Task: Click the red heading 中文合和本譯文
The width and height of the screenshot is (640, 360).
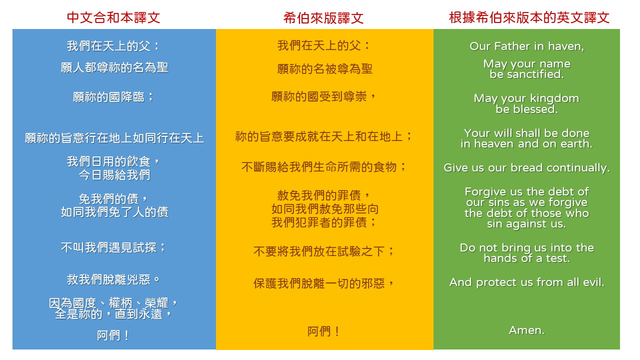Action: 113,17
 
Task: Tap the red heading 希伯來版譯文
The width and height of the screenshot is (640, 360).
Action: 323,18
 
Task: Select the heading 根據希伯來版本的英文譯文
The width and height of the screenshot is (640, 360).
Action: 529,17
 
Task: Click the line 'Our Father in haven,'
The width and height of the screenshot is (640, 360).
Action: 526,46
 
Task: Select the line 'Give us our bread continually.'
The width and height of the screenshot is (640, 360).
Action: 526,168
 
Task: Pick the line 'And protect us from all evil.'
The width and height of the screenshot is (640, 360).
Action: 526,282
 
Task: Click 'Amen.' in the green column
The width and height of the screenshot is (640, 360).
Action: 526,330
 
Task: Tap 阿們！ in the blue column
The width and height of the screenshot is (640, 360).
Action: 113,335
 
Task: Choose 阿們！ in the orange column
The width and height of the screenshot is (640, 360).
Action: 324,331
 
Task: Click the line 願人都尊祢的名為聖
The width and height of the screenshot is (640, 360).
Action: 114,67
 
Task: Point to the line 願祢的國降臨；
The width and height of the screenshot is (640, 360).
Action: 113,96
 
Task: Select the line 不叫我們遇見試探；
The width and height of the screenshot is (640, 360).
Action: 113,247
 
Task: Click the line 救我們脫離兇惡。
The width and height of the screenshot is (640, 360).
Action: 113,279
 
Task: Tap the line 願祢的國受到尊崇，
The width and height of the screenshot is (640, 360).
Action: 323,96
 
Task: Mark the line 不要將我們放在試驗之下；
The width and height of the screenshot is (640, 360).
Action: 324,251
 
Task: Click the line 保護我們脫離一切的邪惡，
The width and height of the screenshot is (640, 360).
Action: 324,283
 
